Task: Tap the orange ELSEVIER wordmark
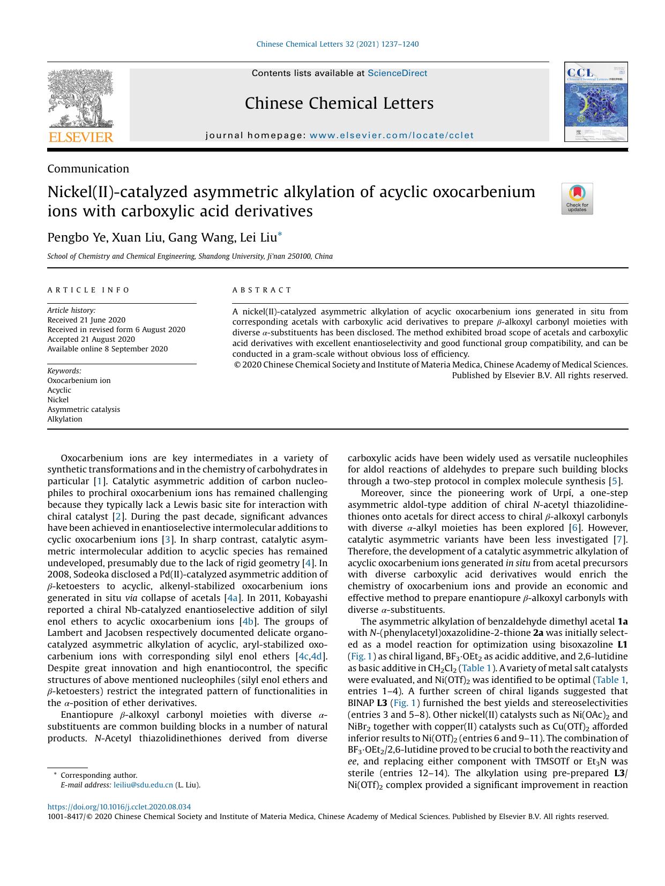tap(81, 137)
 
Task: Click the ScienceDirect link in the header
tap(397, 73)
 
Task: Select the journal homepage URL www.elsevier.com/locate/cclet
tap(392, 136)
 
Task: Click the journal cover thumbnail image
tap(595, 102)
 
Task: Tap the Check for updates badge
tap(577, 199)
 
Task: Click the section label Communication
tap(88, 169)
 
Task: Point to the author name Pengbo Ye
tap(77, 237)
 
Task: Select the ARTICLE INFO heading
tap(88, 290)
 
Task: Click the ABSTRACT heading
tap(262, 290)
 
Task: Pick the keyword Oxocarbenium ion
tap(79, 380)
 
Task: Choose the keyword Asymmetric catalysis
tap(84, 409)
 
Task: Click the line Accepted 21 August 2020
tap(91, 339)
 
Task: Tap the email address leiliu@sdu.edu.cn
tap(143, 785)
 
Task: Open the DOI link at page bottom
tap(119, 807)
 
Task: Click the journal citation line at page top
tap(338, 44)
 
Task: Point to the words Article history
tap(71, 310)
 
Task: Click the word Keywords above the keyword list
tap(64, 371)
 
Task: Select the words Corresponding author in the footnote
tap(99, 775)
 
